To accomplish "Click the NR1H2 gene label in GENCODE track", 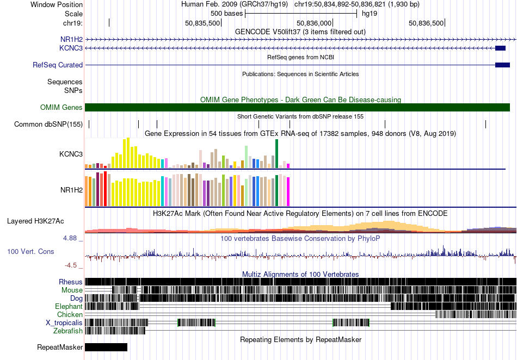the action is (71, 40).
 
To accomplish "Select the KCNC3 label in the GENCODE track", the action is (71, 48).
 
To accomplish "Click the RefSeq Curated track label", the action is (58, 65).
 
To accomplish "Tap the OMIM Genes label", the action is (61, 107).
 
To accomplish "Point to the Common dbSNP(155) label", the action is (48, 124).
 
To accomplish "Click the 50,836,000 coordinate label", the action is (314, 23).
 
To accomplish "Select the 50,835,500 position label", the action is (202, 23).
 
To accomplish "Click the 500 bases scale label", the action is (226, 14).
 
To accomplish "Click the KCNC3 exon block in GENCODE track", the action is (500, 48).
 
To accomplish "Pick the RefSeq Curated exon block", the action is (502, 65).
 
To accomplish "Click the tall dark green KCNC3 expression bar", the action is (276, 154).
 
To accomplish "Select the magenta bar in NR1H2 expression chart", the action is (288, 192).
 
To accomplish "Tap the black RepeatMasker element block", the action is (106, 347).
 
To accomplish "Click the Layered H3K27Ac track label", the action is (35, 221).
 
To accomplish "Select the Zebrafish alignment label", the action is (68, 331).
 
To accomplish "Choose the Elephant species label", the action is (69, 306).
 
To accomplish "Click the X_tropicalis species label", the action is (64, 322).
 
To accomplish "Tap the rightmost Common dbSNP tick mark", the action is (485, 124).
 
